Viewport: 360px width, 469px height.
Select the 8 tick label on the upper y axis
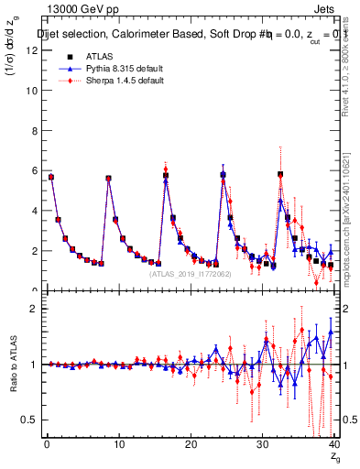point(35,131)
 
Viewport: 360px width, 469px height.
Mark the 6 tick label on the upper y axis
point(35,170)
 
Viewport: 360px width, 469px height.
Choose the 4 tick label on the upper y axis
point(35,211)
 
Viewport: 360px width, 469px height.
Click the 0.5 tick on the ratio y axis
point(31,420)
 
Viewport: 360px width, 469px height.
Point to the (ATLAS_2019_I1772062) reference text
point(191,273)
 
